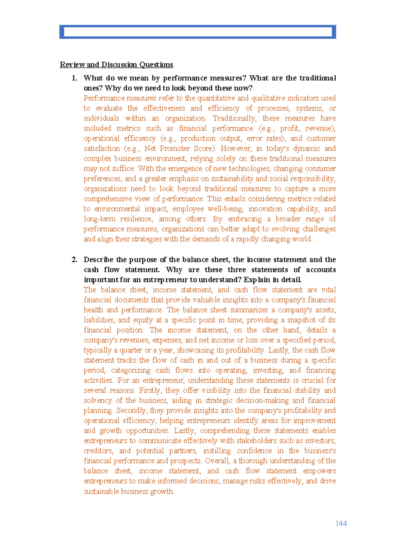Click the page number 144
(341, 523)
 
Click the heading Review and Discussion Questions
(116, 65)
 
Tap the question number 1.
(75, 78)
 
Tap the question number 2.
(75, 260)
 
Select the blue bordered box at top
(197, 32)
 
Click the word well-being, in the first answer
(225, 209)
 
